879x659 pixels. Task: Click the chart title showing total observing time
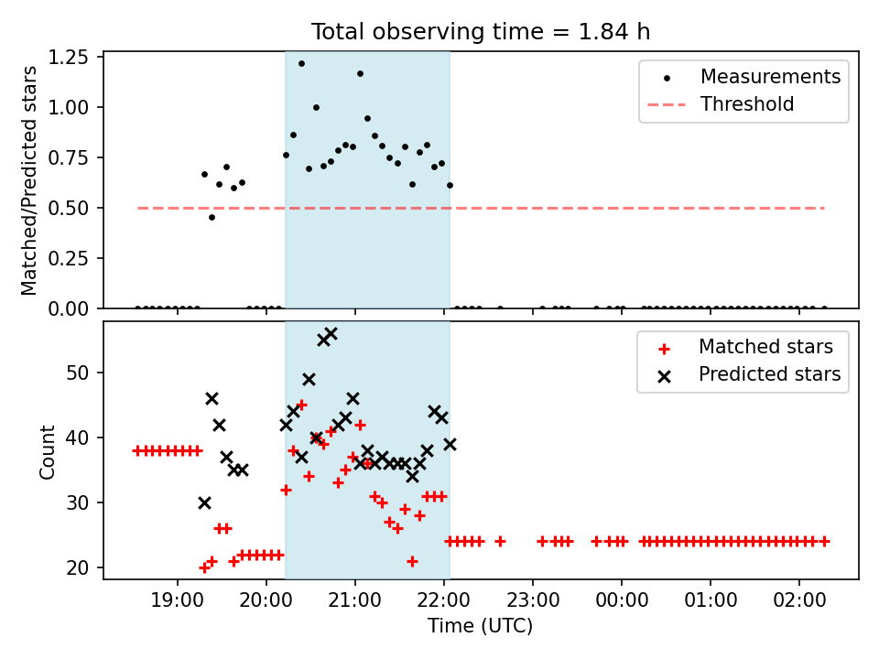[x=481, y=32]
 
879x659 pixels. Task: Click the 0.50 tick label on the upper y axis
[x=69, y=208]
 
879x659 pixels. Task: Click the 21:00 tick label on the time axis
[x=354, y=600]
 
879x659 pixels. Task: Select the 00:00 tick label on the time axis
[x=621, y=600]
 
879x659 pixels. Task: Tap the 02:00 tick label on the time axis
[x=798, y=600]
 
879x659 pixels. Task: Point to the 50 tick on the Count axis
[x=78, y=373]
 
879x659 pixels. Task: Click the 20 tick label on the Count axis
[x=78, y=567]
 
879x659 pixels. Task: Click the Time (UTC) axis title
[x=481, y=625]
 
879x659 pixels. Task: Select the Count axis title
[x=47, y=451]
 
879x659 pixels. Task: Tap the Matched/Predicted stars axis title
[x=28, y=180]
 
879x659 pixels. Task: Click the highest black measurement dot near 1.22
[x=301, y=64]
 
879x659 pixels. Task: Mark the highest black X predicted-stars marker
[x=331, y=334]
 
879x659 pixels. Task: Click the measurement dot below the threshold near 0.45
[x=212, y=218]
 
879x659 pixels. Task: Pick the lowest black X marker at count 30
[x=204, y=502]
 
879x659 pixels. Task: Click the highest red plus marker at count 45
[x=301, y=405]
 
